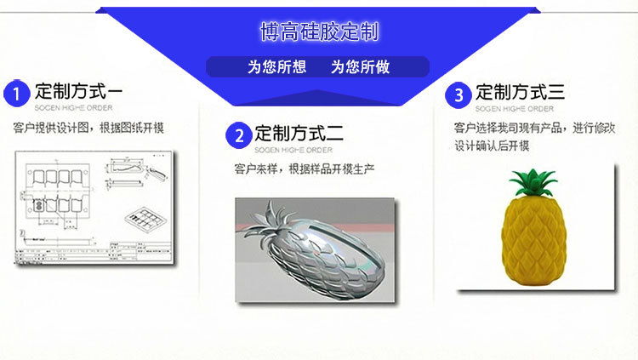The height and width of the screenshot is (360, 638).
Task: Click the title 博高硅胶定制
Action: tap(319, 32)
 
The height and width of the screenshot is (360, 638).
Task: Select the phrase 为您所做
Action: tap(360, 67)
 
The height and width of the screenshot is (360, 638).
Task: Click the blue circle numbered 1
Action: tap(16, 93)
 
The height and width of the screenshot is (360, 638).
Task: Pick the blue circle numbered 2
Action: tap(238, 134)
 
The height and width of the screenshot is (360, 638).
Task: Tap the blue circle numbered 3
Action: tap(459, 94)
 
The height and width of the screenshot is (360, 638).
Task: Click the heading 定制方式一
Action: tap(78, 90)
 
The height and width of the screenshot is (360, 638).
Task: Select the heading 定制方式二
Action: tap(299, 133)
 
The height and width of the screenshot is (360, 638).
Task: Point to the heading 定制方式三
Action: tap(520, 92)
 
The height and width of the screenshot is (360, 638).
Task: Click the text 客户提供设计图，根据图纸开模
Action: tap(88, 128)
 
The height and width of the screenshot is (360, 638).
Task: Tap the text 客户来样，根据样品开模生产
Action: tap(304, 169)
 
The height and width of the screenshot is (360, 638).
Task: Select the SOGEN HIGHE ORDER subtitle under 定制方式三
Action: tap(514, 109)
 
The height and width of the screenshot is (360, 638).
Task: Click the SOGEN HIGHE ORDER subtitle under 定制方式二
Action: tap(293, 150)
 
